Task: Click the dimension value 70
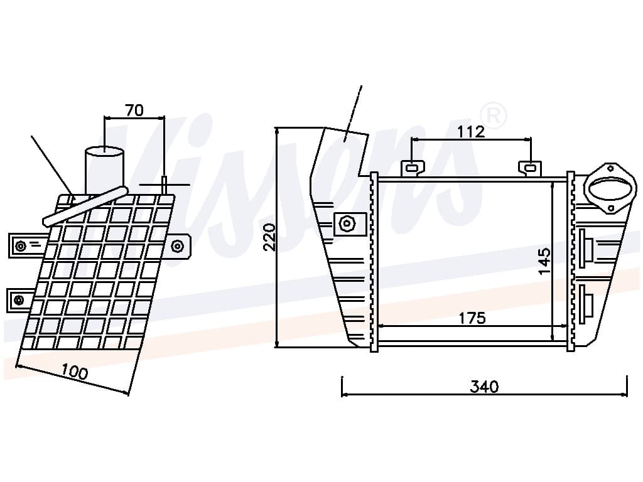click(134, 110)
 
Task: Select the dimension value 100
click(75, 372)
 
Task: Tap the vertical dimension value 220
click(269, 237)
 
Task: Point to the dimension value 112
click(471, 132)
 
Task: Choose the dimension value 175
click(472, 318)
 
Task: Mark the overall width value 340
click(484, 386)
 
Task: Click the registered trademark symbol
click(493, 115)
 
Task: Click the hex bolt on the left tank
click(347, 224)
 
